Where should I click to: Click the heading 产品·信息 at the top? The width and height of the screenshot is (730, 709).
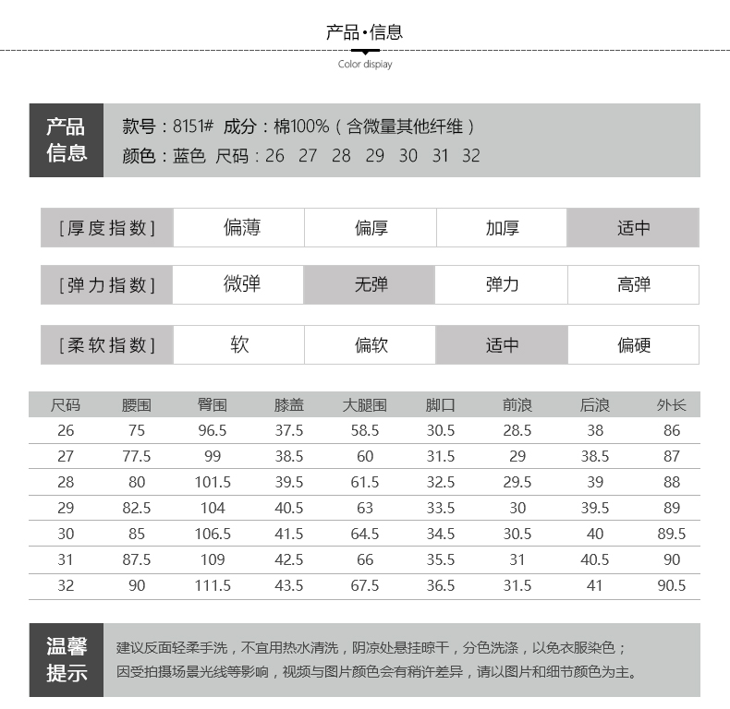coord(365,32)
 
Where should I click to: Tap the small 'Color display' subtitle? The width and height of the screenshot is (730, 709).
coord(365,65)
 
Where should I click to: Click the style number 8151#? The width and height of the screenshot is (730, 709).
coord(193,126)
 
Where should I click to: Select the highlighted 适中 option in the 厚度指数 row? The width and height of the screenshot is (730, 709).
coord(633,228)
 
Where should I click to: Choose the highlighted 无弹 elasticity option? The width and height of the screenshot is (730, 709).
coord(371,284)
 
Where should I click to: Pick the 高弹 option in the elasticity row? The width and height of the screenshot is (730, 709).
coord(633,284)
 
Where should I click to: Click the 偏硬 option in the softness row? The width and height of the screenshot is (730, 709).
coord(633,345)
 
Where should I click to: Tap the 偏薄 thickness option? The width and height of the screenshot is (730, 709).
coord(241,228)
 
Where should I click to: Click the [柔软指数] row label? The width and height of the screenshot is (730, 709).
coord(106,345)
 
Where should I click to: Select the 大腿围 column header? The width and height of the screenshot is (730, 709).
coord(364,404)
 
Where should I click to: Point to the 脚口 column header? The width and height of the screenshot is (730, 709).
coord(440,404)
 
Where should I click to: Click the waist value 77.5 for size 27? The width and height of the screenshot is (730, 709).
coord(137,456)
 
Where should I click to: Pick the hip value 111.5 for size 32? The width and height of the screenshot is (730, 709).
coord(213,585)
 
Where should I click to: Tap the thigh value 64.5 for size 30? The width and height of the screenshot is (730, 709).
coord(364,534)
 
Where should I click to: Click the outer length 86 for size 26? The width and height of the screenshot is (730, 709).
coord(672,430)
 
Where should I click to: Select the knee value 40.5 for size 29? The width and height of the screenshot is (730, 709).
coord(288,508)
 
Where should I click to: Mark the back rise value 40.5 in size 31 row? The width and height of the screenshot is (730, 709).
coord(595,559)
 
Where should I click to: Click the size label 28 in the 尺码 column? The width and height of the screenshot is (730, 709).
coord(66,482)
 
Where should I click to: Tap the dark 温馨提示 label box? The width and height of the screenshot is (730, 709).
coord(67,659)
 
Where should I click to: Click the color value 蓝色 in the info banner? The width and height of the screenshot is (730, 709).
coord(189,155)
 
